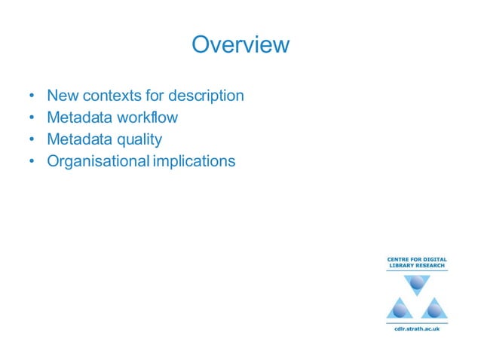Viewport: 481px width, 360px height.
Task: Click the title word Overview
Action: [x=240, y=44]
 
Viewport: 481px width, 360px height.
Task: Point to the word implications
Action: [x=194, y=161]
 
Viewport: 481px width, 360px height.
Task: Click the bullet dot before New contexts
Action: [x=31, y=97]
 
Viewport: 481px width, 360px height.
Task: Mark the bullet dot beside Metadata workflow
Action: [x=31, y=119]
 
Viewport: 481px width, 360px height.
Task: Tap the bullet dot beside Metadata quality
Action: [x=31, y=140]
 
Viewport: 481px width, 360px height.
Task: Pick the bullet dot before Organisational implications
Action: [x=31, y=162]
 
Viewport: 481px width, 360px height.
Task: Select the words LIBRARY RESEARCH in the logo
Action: [x=416, y=267]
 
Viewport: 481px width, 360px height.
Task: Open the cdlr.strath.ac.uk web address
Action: [x=416, y=328]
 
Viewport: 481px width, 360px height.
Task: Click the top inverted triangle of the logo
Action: [x=416, y=283]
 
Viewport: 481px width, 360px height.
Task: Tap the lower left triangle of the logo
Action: [x=400, y=308]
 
